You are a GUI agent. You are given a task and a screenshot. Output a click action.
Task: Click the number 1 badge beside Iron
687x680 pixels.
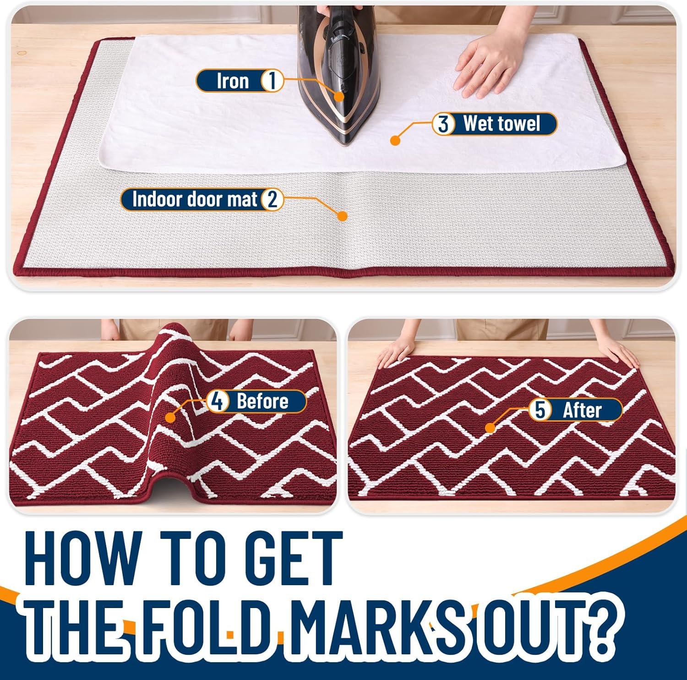coord(272,82)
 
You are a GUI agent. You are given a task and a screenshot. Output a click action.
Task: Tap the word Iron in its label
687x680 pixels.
coord(233,82)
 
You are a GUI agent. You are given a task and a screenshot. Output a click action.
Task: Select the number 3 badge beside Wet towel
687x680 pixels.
coord(443,124)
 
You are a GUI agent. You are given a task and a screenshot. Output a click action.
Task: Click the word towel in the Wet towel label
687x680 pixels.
coord(519,124)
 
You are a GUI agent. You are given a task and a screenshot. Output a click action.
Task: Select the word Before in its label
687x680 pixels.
coord(262,401)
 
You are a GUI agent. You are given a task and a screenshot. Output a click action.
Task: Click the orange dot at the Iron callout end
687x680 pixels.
coord(339,96)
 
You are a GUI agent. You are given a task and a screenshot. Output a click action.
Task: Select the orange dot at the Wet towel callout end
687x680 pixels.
coord(395,140)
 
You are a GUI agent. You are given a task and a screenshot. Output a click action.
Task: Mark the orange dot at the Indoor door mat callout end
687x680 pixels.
coord(342,216)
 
